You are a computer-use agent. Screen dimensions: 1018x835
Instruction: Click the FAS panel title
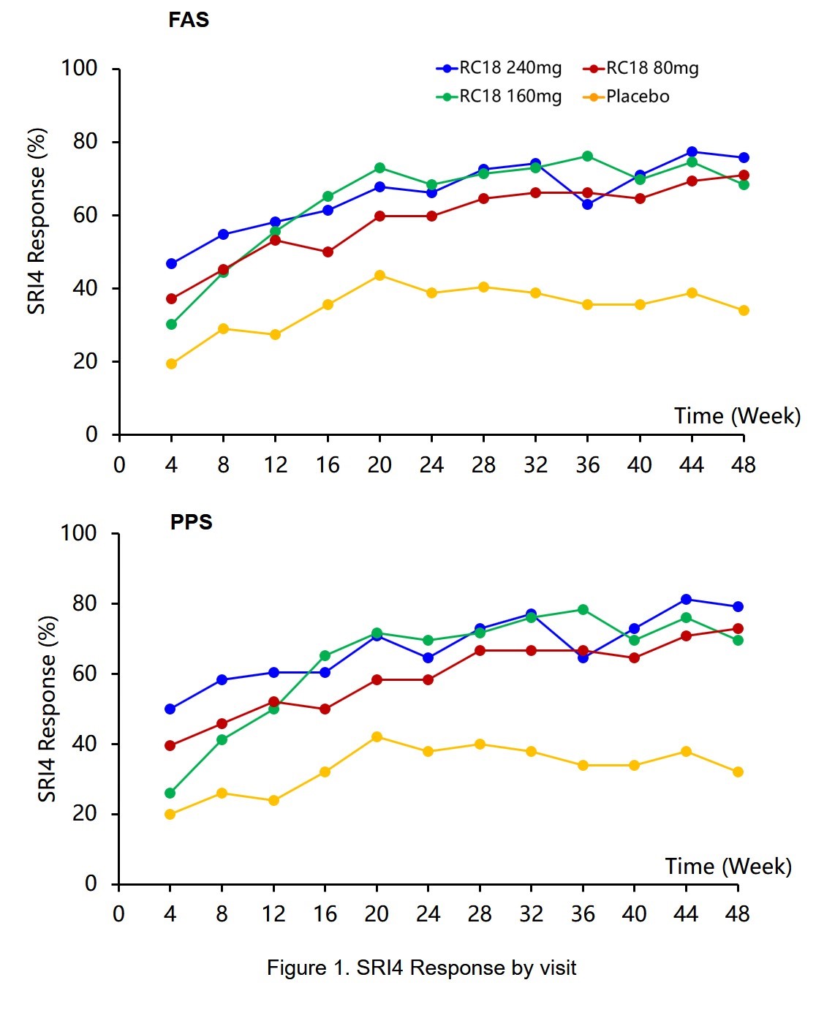(189, 20)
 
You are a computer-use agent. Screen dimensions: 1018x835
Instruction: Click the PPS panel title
(191, 522)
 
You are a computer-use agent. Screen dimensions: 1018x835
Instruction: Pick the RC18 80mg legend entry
(641, 69)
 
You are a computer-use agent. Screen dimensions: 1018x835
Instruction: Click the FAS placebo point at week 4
(171, 363)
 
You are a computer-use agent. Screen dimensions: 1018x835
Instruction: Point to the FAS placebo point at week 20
(379, 275)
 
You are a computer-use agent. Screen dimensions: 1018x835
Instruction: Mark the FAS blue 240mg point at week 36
(587, 204)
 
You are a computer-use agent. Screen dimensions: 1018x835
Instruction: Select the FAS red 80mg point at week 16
(328, 252)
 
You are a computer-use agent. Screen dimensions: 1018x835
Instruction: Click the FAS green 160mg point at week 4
(171, 324)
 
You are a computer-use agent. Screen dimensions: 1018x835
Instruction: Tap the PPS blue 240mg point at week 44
(686, 600)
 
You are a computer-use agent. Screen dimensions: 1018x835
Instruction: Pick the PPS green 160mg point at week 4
(170, 793)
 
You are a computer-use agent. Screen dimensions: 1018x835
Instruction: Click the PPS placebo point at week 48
(738, 772)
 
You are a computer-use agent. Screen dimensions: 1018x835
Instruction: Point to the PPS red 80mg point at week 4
(170, 745)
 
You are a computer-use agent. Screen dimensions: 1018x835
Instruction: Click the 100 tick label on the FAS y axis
(79, 69)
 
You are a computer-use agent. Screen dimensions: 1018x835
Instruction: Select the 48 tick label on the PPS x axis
(738, 914)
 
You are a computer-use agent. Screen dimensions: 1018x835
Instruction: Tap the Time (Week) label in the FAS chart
(737, 416)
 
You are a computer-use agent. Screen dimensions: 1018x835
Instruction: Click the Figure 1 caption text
(421, 968)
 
